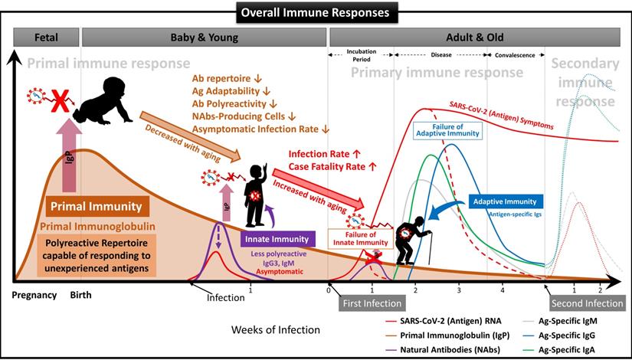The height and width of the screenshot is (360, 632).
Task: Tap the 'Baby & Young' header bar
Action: click(203, 37)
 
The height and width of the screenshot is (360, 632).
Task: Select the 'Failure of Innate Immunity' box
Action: click(358, 237)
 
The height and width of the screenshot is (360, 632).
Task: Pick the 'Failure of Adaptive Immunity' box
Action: click(447, 130)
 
